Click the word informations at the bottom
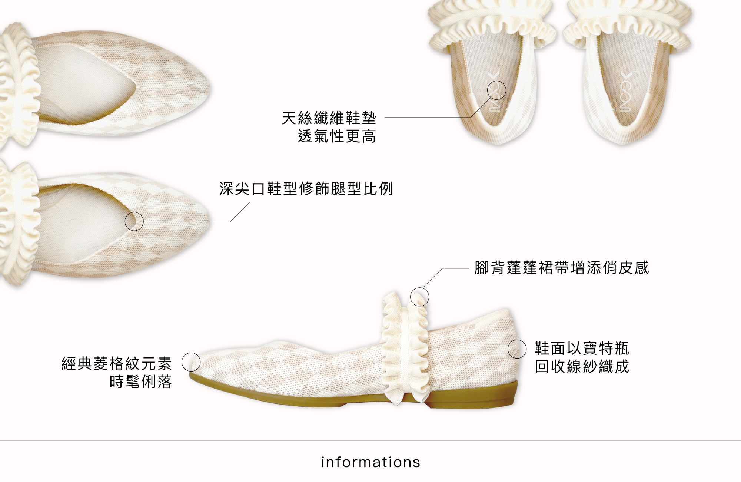coord(370,462)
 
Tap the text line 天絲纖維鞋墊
coord(329,118)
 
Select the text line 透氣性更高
coord(337,136)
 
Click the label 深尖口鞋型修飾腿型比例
coord(306,189)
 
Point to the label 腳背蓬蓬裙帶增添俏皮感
coord(561,268)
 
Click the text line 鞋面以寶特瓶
coord(582,349)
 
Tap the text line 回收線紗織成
coord(582,367)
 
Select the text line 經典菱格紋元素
coord(117,364)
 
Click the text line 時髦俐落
coord(141,382)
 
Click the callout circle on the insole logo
coord(496,90)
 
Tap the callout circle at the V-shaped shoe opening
coord(134,221)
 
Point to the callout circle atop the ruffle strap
coord(419,297)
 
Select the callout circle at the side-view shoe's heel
coord(517,349)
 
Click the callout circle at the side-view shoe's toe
coord(191,362)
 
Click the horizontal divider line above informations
coord(370,441)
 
